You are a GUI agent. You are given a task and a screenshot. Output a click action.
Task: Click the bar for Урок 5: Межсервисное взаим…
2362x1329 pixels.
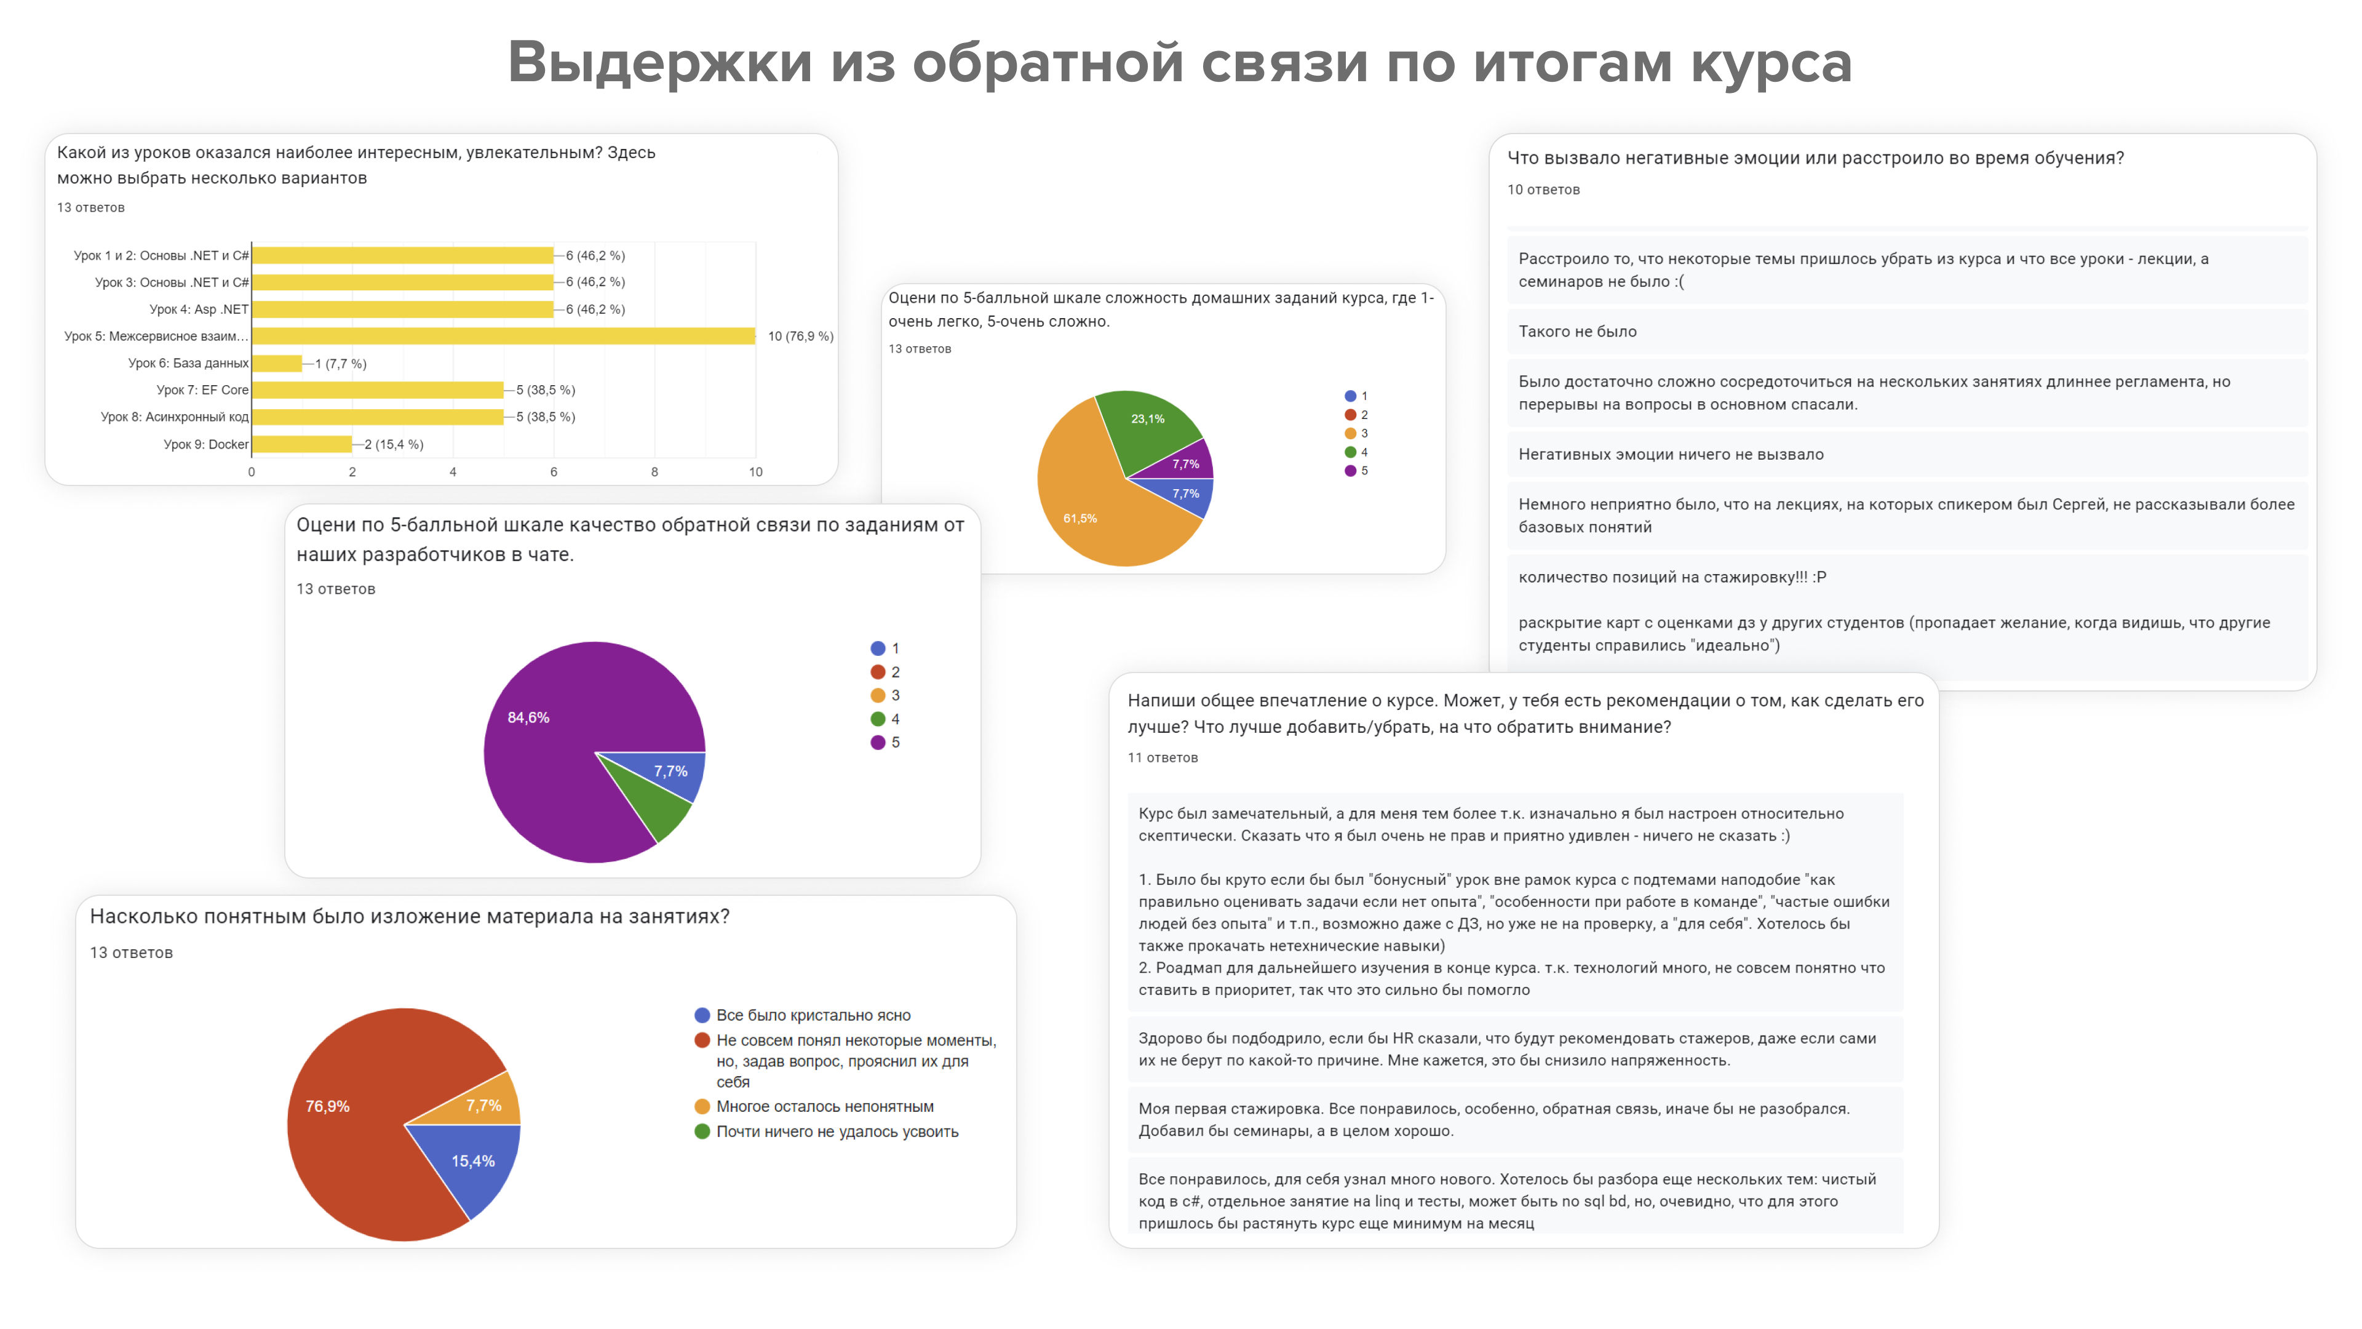(x=503, y=337)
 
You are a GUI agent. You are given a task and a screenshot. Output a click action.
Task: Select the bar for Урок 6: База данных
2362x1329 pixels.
(x=277, y=363)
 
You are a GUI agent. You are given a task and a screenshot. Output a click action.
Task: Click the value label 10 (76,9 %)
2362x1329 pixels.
(x=800, y=337)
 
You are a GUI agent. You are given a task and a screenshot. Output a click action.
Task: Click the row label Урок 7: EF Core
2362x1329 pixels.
(x=202, y=390)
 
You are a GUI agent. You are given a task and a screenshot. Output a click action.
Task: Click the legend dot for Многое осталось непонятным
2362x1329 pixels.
(x=702, y=1107)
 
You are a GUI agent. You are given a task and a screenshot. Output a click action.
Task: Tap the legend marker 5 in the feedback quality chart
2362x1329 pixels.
(x=878, y=743)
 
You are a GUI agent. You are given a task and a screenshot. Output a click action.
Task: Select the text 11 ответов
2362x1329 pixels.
(x=1163, y=757)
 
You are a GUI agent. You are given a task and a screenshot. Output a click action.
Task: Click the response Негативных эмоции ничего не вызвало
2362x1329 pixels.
(x=1671, y=455)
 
